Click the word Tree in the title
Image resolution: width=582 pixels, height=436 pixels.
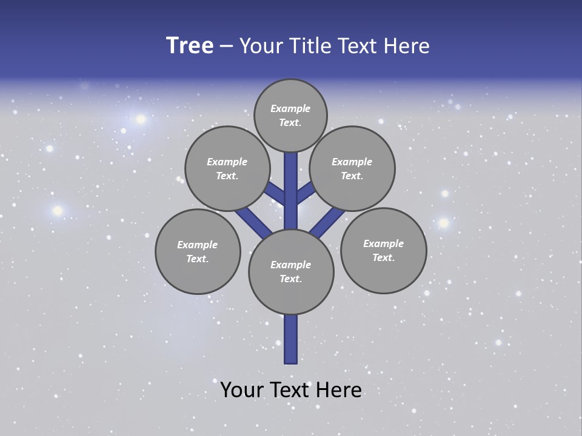coord(190,46)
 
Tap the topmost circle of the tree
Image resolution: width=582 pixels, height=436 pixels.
coord(290,115)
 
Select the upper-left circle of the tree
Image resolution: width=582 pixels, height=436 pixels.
coord(227,168)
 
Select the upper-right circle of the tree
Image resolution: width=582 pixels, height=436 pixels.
coord(352,168)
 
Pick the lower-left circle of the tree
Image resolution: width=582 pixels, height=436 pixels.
coord(198,251)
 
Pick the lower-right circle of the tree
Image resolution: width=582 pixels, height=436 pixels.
coord(383,250)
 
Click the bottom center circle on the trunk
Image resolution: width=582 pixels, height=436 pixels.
coord(291,271)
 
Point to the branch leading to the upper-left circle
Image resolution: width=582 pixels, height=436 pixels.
coord(275,194)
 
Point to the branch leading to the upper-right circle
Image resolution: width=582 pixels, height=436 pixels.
coord(306,193)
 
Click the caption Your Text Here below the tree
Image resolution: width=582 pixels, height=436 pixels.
coord(291,389)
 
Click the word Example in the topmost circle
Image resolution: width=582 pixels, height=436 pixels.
coord(290,108)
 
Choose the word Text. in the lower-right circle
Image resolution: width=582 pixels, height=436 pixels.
coord(383,257)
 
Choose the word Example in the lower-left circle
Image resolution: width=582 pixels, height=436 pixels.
coord(198,245)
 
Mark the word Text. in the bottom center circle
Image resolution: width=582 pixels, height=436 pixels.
coord(291,279)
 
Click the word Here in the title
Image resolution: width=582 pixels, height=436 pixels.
coord(409,46)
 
